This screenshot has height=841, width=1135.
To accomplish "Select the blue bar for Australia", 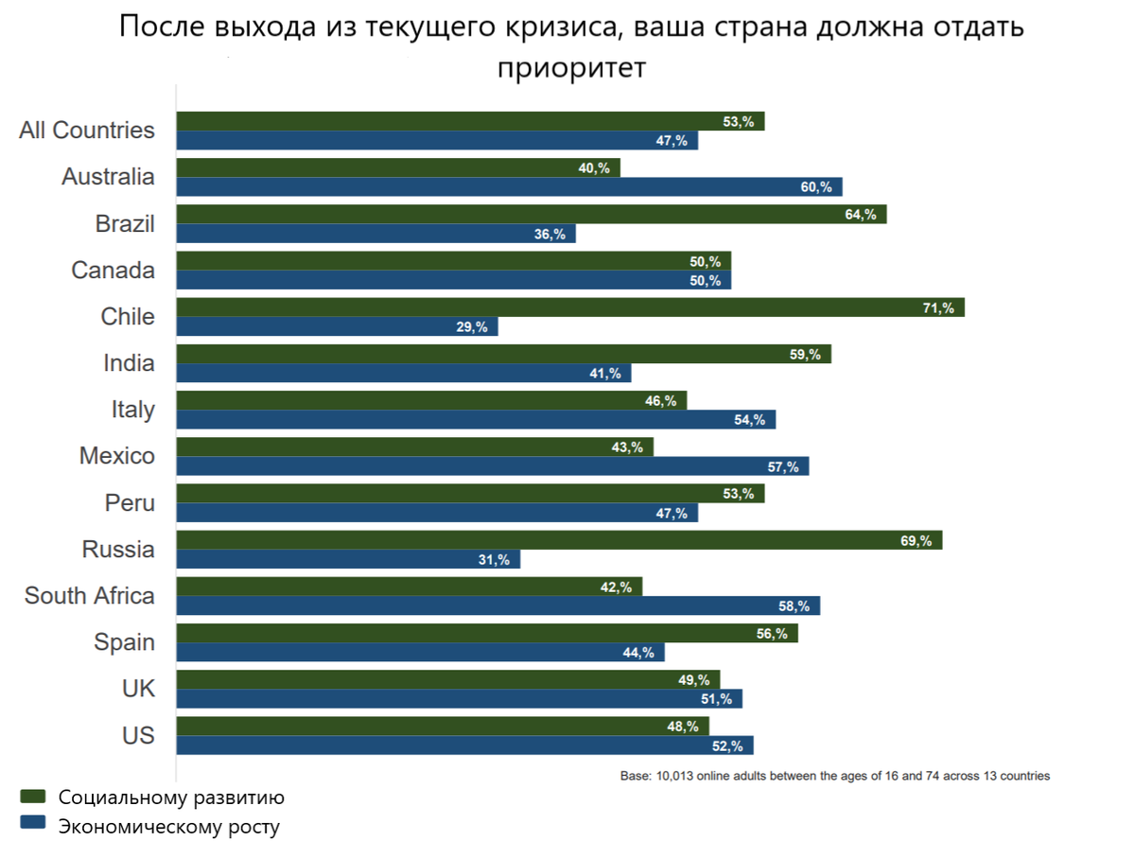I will (x=509, y=187).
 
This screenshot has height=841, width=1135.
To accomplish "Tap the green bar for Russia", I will (x=559, y=540).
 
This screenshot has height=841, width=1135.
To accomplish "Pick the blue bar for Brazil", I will (x=375, y=234).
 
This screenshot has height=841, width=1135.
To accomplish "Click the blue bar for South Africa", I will (x=498, y=605).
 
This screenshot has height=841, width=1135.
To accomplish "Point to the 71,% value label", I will (x=938, y=307).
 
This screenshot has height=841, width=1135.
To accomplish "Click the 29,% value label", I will (x=471, y=327).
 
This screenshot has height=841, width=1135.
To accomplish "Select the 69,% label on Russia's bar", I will (x=916, y=541).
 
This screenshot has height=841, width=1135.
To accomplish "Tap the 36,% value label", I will (x=549, y=235).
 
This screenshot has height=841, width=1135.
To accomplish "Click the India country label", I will (x=129, y=363).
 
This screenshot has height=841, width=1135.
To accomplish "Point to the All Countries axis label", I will (x=87, y=131).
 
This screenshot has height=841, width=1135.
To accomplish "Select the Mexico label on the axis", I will (x=117, y=456).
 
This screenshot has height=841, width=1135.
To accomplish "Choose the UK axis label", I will (x=138, y=689).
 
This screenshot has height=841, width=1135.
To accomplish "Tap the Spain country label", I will (x=124, y=642).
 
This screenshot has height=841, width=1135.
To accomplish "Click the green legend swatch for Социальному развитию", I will (x=32, y=797).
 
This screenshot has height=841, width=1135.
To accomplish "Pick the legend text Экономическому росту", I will (x=169, y=826).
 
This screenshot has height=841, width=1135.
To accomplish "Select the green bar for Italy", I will (x=431, y=400).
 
